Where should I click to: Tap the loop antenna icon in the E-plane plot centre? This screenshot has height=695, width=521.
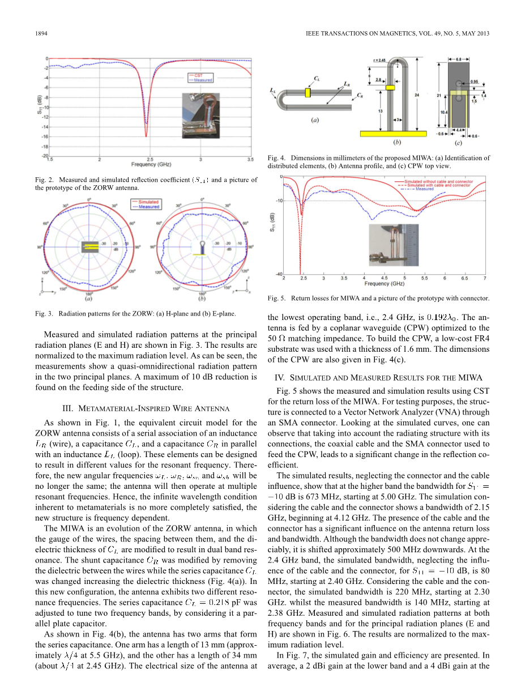pos(201,246)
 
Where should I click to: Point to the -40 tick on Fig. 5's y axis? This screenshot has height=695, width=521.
pos(277,274)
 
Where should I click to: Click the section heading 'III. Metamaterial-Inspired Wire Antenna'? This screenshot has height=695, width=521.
pos(146,408)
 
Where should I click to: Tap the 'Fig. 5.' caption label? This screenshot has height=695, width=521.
pos(276,297)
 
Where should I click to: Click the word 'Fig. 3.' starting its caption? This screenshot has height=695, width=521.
pos(44,313)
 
